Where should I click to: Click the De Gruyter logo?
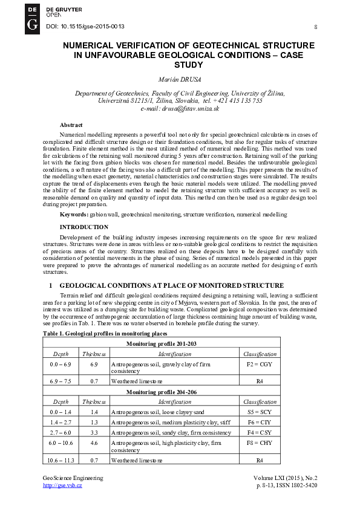(x=33, y=18)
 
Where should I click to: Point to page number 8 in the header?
(x=316, y=27)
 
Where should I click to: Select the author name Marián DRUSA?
(x=180, y=79)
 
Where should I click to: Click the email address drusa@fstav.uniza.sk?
(x=180, y=109)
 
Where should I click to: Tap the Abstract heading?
(x=71, y=125)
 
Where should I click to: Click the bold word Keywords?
(x=73, y=215)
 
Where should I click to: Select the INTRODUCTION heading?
(x=84, y=227)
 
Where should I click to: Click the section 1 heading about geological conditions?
(x=171, y=285)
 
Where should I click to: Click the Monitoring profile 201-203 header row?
(x=161, y=343)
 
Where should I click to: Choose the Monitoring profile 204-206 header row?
(x=161, y=392)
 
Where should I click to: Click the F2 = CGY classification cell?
(x=260, y=365)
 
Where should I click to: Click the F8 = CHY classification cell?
(x=260, y=443)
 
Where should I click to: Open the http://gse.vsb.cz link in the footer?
(x=62, y=485)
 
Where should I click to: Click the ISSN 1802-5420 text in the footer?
(x=297, y=485)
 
